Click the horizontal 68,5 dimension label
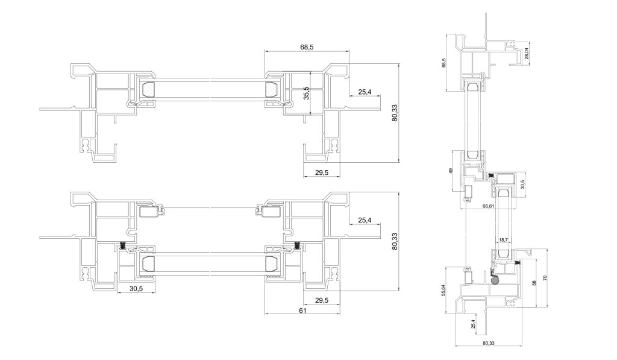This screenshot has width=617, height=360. tap(307, 47)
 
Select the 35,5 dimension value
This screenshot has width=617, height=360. tap(307, 93)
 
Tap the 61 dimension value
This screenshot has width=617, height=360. tap(302, 311)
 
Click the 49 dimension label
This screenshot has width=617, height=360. tap(451, 171)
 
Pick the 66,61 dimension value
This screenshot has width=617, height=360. tap(488, 206)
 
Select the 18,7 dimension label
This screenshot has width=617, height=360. tap(503, 239)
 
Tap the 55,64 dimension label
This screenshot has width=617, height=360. tap(443, 290)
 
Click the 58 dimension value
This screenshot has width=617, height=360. tap(534, 283)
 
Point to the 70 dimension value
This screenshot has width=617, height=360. tap(545, 277)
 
